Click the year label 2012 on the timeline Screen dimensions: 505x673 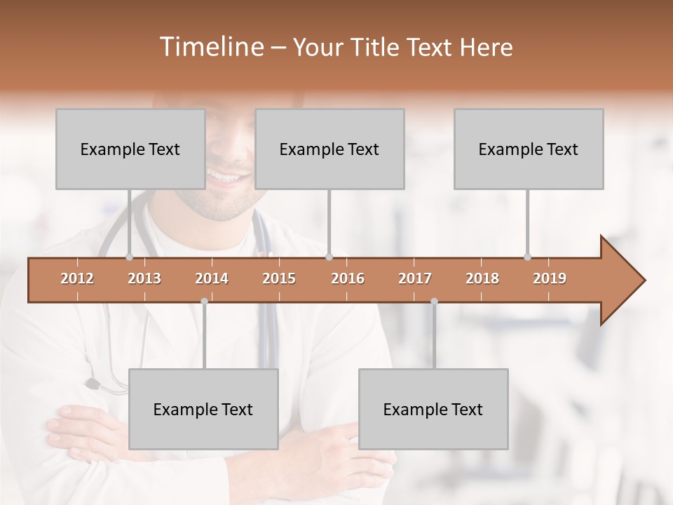77,278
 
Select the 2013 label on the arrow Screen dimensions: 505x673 144,278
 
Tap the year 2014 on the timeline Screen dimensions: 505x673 212,278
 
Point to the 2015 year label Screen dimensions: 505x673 279,278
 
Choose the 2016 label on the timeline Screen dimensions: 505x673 348,278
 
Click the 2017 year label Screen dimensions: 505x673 415,278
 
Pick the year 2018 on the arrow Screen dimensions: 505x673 482,278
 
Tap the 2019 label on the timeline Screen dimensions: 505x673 550,278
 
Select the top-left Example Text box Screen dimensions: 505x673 130,149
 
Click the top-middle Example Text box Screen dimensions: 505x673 329,149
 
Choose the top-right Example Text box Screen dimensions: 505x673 529,149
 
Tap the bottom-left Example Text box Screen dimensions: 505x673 203,409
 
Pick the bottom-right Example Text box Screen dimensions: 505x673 433,409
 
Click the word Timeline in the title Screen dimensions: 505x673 210,47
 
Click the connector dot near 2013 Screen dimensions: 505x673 129,257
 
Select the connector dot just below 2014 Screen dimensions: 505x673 204,301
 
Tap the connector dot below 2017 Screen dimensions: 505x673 434,301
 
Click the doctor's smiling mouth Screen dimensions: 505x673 226,176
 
